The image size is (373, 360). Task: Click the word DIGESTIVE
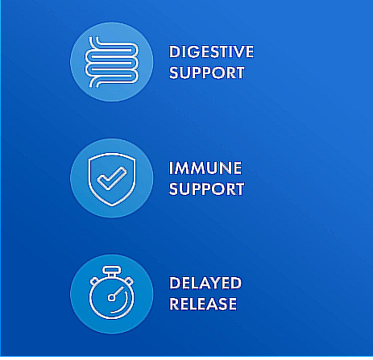click(211, 52)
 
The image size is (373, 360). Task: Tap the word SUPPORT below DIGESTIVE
click(207, 72)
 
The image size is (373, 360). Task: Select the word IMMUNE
click(205, 168)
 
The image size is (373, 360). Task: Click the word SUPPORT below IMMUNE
click(207, 188)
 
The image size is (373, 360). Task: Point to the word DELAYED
click(205, 283)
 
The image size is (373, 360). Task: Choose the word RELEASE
click(203, 304)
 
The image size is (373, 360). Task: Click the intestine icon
click(112, 62)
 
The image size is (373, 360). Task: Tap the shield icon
click(112, 180)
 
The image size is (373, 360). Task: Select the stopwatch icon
click(112, 292)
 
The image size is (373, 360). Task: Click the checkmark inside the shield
click(111, 178)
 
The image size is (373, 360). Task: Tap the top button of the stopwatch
click(112, 270)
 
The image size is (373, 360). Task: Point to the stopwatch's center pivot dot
click(111, 297)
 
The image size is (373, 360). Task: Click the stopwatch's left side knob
click(94, 281)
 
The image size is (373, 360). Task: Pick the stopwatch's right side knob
click(129, 281)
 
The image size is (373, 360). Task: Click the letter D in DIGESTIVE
click(175, 52)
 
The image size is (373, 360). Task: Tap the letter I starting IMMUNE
click(172, 168)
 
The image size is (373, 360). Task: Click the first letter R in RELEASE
click(174, 304)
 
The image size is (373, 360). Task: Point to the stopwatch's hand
click(118, 292)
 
